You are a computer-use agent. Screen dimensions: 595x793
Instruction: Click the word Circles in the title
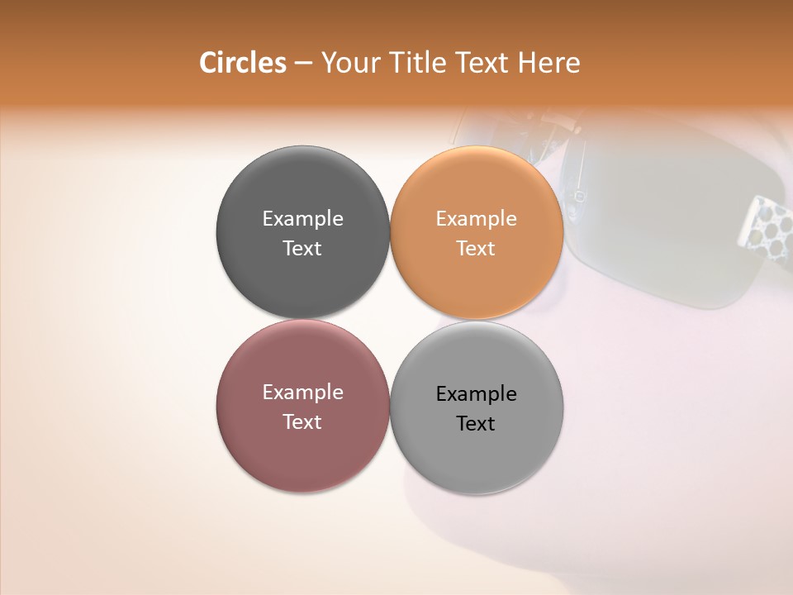point(242,63)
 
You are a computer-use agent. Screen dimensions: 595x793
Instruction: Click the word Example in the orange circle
point(476,219)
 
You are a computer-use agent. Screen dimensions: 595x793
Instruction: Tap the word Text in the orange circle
point(476,248)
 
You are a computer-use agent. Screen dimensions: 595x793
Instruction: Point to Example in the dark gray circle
point(302,219)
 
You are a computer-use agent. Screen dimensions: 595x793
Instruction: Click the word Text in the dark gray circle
point(302,248)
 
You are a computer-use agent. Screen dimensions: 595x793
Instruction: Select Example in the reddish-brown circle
point(302,393)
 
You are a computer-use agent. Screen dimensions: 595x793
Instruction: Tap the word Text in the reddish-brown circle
point(302,421)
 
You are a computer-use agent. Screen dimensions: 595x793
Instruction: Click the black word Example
point(476,394)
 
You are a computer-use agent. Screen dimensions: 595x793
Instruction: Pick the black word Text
point(476,423)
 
